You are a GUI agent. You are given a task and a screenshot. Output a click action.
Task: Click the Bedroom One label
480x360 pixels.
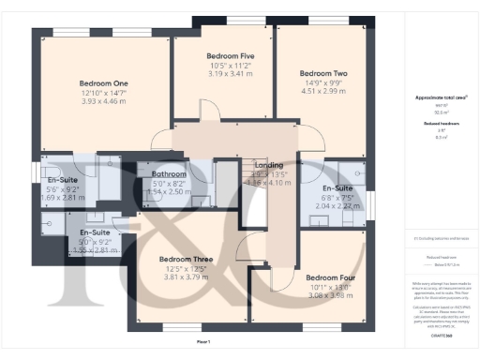pyautogui.click(x=103, y=83)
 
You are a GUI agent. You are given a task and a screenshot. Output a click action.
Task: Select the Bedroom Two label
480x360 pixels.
pyautogui.click(x=323, y=72)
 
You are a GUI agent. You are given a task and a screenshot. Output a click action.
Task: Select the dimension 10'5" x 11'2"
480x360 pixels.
pyautogui.click(x=230, y=66)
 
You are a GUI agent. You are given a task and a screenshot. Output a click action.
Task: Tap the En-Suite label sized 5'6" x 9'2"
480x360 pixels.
pyautogui.click(x=61, y=178)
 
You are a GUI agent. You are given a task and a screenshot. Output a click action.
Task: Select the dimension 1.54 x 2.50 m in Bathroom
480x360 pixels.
pyautogui.click(x=169, y=191)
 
